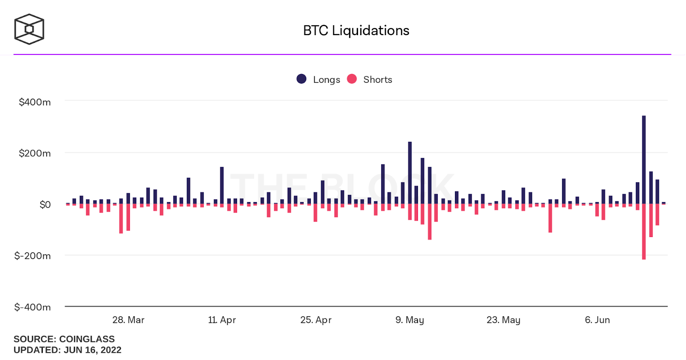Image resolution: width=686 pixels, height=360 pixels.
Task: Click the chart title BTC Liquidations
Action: click(356, 30)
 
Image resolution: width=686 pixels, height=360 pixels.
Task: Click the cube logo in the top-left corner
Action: click(29, 29)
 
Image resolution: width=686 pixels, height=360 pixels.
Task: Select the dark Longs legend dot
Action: click(301, 79)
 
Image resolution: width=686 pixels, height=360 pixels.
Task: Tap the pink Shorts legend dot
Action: click(352, 79)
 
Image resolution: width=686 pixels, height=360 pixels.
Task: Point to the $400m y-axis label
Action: click(35, 102)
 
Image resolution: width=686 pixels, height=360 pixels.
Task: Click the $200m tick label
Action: click(35, 153)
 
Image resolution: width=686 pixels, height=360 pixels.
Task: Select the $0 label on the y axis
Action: click(45, 204)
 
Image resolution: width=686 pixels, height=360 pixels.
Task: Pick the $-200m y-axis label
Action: click(33, 256)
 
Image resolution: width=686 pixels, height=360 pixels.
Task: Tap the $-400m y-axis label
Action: click(33, 307)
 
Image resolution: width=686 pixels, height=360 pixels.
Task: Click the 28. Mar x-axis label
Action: click(128, 320)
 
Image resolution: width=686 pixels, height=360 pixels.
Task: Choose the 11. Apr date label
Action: click(222, 320)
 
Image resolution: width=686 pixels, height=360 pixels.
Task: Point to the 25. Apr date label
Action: click(316, 320)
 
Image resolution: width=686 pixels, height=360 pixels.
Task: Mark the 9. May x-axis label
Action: click(409, 320)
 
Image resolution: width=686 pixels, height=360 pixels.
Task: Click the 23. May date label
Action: click(503, 320)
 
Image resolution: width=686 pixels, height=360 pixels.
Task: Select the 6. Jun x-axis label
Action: click(597, 320)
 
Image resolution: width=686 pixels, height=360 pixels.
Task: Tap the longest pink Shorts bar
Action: click(644, 231)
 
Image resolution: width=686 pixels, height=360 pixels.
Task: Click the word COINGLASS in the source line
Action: click(87, 339)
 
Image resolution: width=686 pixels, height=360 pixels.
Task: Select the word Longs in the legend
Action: click(326, 80)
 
